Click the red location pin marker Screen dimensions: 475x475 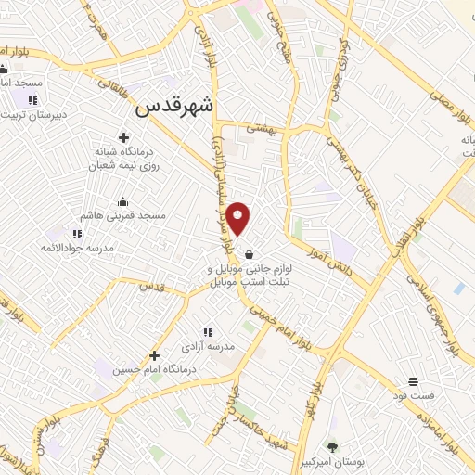(239, 218)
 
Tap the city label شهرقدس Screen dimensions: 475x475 (174, 107)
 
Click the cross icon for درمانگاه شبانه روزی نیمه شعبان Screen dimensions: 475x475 (123, 138)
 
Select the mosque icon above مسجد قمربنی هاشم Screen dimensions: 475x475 (122, 201)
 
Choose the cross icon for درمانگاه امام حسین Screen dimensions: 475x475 (154, 355)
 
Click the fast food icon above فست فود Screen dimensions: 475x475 (413, 382)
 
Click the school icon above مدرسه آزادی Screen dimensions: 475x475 (208, 331)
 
